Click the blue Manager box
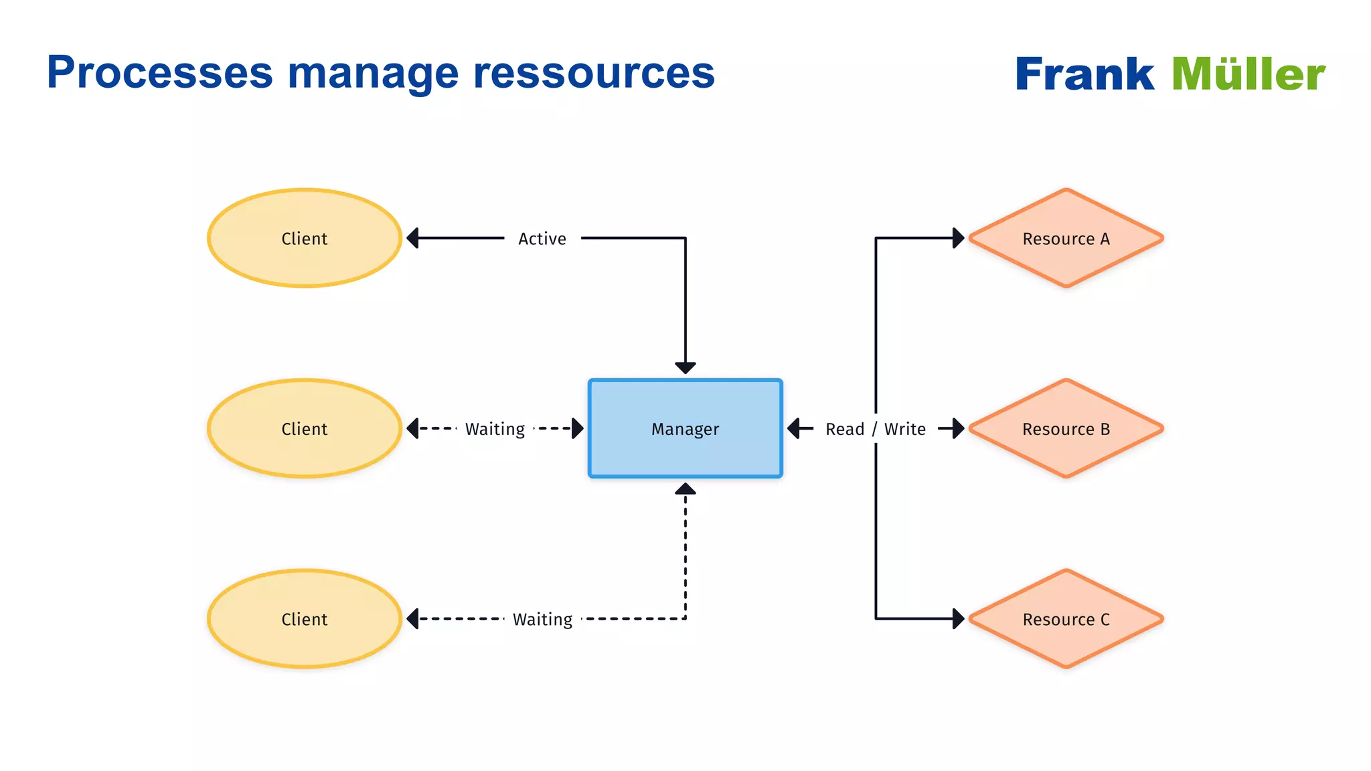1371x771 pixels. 685,428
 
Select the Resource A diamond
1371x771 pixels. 1066,238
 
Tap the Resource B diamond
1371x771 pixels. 1066,428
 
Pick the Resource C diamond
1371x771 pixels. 1066,619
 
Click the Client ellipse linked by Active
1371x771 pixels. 305,238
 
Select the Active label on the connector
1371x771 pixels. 542,238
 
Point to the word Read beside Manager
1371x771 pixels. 845,429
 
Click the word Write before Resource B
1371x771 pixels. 905,429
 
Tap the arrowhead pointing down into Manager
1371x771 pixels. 685,367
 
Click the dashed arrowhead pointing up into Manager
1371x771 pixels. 685,489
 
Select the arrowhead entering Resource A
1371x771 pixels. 959,238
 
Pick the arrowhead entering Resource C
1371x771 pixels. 959,618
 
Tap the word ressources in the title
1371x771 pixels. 594,72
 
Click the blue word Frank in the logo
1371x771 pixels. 1084,74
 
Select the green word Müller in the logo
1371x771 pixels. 1248,74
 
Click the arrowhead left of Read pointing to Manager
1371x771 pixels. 794,428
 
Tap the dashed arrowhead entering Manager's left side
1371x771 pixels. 577,428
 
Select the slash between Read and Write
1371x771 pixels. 874,429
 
